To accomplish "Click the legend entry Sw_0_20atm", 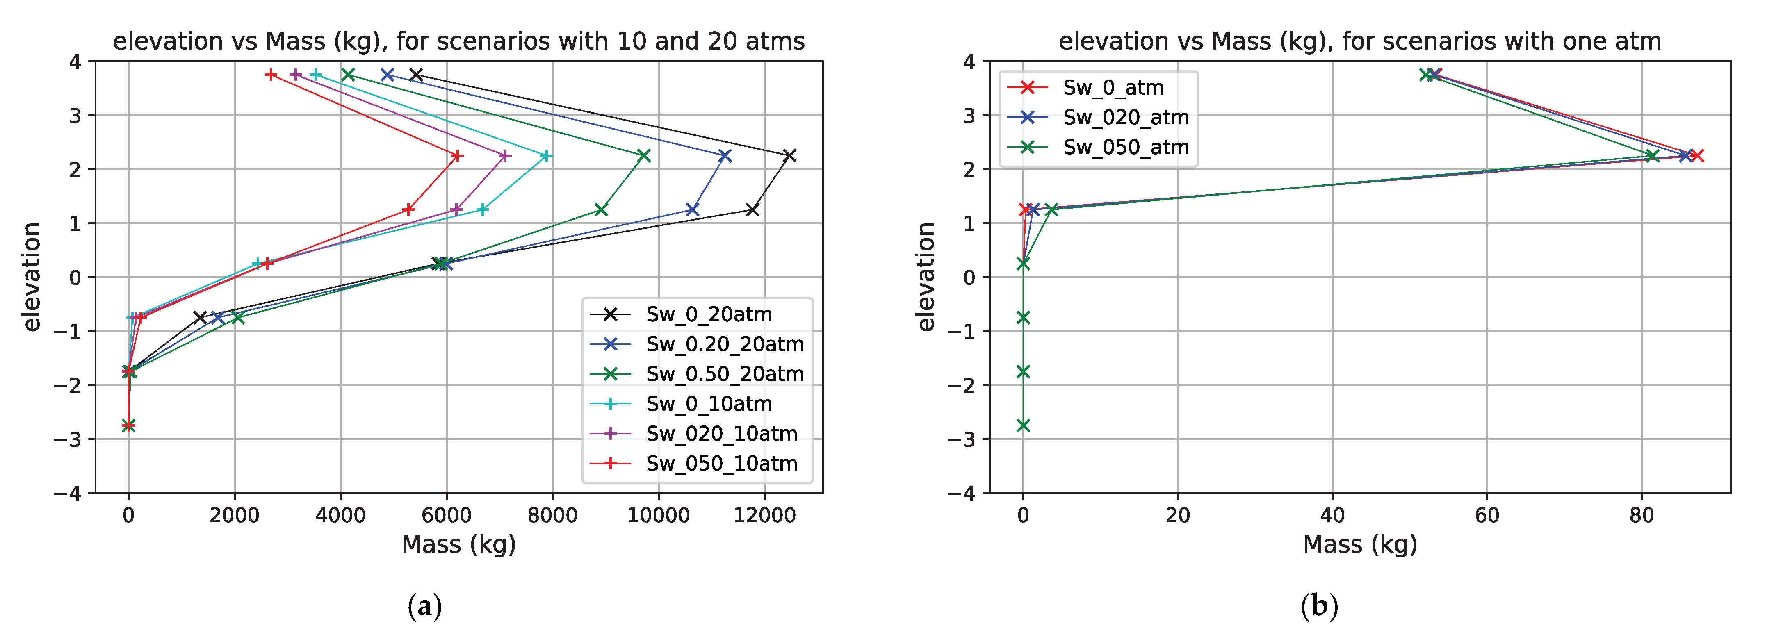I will [x=709, y=314].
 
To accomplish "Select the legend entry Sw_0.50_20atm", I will [x=724, y=374].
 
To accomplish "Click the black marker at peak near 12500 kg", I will [x=789, y=156].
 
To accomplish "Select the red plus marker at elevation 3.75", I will [x=271, y=75].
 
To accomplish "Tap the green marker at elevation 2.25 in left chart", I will [x=643, y=156].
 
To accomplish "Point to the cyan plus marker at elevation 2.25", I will [x=546, y=156].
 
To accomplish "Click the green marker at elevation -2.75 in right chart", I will [x=1023, y=425].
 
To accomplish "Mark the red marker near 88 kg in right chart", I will [x=1697, y=156].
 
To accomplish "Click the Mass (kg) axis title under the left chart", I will [x=458, y=544].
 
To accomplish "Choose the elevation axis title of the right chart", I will [x=926, y=277].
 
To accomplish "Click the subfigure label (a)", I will [x=424, y=607].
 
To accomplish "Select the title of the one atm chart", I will [x=1359, y=41].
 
